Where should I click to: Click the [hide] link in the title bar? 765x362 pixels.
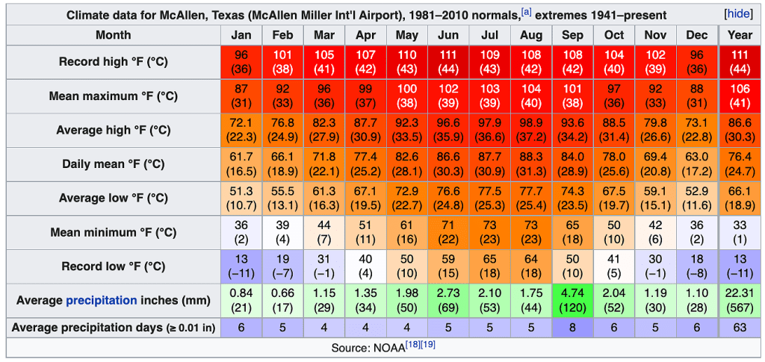pos(738,14)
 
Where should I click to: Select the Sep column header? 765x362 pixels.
pos(572,35)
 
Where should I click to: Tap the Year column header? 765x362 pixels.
pos(740,35)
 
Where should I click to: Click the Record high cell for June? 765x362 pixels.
pos(448,62)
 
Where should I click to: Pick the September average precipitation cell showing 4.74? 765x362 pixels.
pos(572,300)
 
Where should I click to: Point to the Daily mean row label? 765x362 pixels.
pos(114,164)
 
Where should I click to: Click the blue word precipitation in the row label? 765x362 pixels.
pos(102,300)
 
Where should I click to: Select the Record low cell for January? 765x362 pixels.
pos(241,266)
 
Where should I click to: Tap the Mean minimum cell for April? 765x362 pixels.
pos(365,232)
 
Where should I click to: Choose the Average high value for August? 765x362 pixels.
pos(531,130)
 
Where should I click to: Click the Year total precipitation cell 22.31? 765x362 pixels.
pos(740,300)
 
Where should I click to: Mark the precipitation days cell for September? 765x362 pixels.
pos(572,327)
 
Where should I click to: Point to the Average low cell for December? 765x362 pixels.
pos(696,198)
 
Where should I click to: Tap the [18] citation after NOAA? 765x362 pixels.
pos(412,346)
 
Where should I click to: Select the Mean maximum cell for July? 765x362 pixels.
pos(489,96)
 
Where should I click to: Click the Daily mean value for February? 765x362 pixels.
pos(282,164)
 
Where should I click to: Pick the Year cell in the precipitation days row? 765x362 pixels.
pos(740,327)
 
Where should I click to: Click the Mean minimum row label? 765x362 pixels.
pos(114,232)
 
